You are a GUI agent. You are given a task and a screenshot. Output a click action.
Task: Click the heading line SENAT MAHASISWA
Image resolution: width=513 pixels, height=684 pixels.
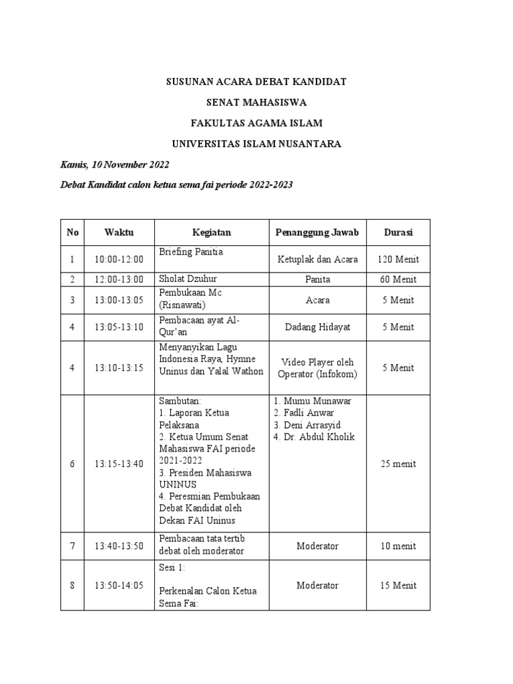(x=256, y=102)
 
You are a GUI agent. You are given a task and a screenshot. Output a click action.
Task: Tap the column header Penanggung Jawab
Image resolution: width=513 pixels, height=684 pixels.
(x=317, y=232)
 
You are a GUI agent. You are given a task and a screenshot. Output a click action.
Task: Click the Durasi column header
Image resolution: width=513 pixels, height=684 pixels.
(x=398, y=232)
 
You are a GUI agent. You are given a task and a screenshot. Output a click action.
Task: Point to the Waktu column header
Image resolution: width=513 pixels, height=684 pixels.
(x=119, y=232)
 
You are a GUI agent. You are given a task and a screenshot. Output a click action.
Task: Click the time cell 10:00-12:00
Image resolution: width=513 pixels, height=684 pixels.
(x=119, y=259)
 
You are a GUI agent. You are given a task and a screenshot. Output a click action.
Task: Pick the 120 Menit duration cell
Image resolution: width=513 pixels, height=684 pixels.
(x=398, y=259)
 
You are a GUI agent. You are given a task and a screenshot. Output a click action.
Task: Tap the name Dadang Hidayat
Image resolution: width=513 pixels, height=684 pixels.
(x=317, y=327)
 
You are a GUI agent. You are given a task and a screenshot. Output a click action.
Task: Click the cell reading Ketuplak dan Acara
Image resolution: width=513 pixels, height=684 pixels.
(x=317, y=259)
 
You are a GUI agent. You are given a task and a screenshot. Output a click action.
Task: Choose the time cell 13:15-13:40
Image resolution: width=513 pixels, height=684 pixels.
(x=119, y=464)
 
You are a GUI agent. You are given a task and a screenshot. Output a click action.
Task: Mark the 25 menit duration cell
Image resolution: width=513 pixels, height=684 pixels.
(x=398, y=464)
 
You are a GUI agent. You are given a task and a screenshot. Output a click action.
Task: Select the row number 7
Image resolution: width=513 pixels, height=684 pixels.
(x=73, y=546)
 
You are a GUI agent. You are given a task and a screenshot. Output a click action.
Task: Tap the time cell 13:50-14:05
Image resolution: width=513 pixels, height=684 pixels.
(x=119, y=586)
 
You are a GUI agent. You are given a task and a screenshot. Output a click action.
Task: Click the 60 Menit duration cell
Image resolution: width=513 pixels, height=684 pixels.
(x=398, y=279)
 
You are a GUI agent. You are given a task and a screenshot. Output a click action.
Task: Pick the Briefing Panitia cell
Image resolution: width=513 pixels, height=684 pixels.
(x=191, y=252)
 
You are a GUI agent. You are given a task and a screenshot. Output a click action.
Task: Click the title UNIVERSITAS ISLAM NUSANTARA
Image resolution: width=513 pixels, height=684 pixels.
(x=256, y=144)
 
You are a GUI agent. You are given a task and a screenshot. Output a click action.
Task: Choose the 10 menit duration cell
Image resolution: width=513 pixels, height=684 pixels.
(x=398, y=546)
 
